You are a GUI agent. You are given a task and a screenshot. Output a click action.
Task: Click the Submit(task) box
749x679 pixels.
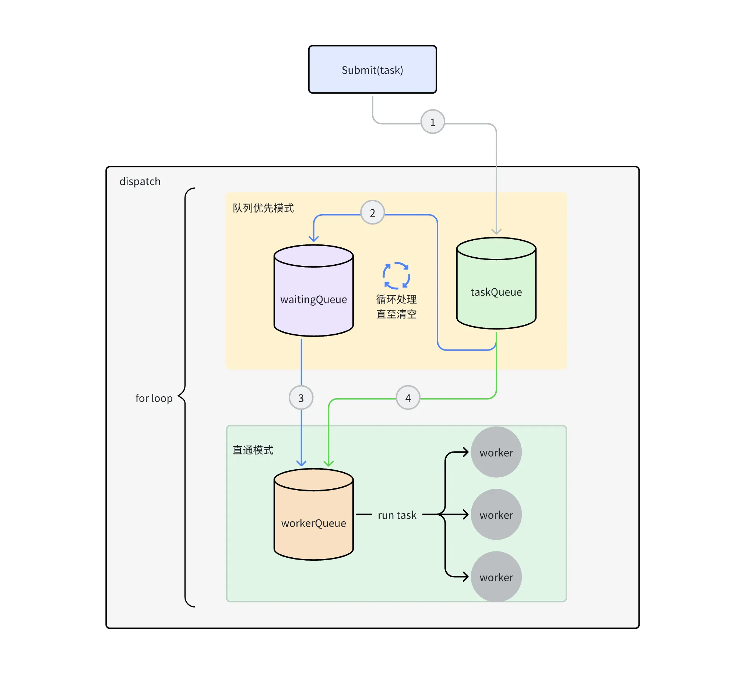click(x=372, y=70)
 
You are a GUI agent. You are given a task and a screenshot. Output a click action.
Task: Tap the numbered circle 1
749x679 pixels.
click(x=432, y=122)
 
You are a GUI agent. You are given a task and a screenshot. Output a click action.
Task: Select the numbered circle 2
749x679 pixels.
click(x=372, y=213)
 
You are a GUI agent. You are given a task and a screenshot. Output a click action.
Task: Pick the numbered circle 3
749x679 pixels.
click(x=301, y=398)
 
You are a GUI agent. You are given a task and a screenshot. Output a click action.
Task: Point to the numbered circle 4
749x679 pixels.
click(x=408, y=398)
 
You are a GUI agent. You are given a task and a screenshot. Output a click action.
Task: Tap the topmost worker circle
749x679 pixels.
click(x=496, y=452)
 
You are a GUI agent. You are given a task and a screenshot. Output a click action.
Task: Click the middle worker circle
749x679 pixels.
click(x=496, y=515)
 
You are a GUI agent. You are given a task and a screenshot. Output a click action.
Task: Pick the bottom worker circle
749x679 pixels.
click(x=496, y=577)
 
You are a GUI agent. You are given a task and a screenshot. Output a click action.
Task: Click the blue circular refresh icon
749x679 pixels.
click(x=397, y=275)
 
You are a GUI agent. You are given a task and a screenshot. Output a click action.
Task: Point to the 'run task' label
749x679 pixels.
click(x=397, y=515)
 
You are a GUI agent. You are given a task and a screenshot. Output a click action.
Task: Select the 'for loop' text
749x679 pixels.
click(x=154, y=398)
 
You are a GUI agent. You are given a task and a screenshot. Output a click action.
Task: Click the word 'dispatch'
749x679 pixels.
click(x=140, y=181)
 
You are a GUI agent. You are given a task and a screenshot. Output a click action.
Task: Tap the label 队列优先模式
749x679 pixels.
click(x=263, y=208)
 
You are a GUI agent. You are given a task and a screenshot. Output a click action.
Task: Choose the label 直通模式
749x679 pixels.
click(x=253, y=450)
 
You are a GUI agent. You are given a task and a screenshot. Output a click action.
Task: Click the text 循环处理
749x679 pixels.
click(x=397, y=299)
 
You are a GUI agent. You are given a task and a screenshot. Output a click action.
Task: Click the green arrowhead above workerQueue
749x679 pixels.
click(x=328, y=463)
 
